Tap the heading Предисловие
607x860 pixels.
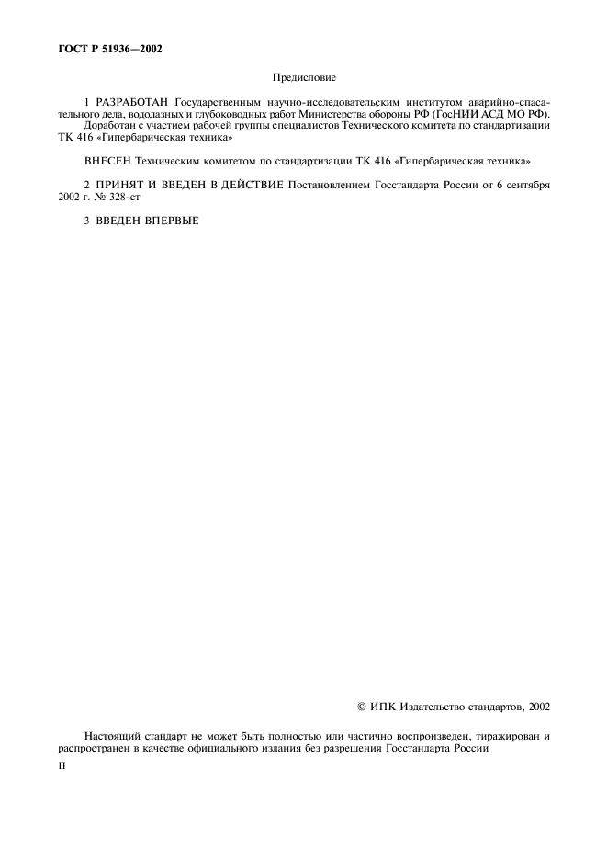pos(304,80)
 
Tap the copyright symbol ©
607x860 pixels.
pos(361,707)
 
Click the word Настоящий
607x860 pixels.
pos(112,736)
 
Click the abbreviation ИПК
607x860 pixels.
pos(383,707)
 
